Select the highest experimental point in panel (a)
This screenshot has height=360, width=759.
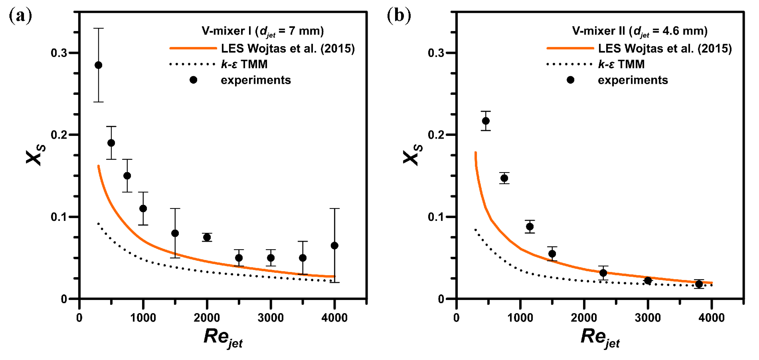98,65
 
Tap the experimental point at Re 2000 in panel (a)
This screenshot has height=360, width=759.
207,237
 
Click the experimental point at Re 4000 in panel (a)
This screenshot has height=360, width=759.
334,245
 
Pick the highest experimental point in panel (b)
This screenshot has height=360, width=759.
486,121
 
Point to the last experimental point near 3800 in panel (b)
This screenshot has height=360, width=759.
699,284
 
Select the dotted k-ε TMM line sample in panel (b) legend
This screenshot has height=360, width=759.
569,64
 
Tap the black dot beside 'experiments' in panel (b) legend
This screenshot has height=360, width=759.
571,80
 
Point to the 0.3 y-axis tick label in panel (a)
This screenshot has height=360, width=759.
59,53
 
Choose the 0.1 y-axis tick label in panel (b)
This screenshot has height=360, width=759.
436,217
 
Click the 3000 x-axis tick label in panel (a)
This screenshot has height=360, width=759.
271,318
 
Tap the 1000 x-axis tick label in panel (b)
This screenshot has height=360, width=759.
520,318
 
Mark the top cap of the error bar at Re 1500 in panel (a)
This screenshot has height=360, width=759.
175,209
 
